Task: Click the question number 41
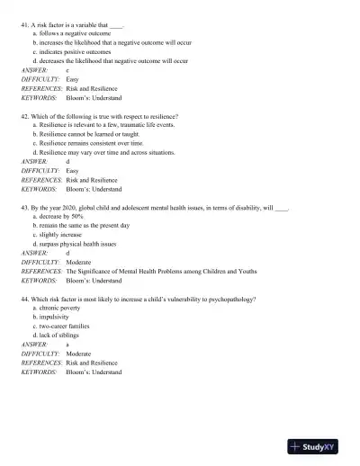tap(24, 24)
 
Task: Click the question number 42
tap(24, 117)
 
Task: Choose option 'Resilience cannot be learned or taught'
tap(95, 135)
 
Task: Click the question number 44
tap(24, 300)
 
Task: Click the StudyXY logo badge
tap(319, 446)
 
